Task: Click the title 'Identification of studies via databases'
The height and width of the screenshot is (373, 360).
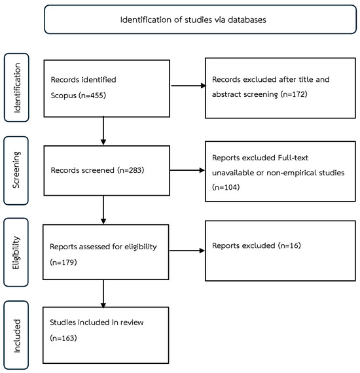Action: pyautogui.click(x=193, y=20)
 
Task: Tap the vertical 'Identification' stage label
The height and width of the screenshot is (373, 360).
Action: pyautogui.click(x=17, y=88)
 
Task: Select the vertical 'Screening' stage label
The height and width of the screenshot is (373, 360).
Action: pyautogui.click(x=16, y=170)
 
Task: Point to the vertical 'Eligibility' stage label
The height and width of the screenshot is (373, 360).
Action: pyautogui.click(x=16, y=253)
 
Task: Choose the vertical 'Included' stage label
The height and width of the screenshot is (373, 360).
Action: pyautogui.click(x=16, y=336)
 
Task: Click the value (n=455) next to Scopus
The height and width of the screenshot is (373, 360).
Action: pyautogui.click(x=92, y=96)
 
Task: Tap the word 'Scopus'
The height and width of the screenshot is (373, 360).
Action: pyautogui.click(x=63, y=96)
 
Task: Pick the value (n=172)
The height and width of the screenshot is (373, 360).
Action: pyautogui.click(x=294, y=94)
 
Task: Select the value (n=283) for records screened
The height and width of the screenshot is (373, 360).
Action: pyautogui.click(x=131, y=170)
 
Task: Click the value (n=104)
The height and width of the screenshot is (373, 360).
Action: pyautogui.click(x=226, y=187)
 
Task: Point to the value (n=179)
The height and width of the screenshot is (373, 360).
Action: pyautogui.click(x=63, y=262)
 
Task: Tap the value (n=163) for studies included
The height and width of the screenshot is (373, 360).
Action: pyautogui.click(x=63, y=338)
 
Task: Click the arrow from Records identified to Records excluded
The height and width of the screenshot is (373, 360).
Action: pyautogui.click(x=189, y=86)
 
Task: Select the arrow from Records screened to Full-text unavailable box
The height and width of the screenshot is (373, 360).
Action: pyautogui.click(x=187, y=170)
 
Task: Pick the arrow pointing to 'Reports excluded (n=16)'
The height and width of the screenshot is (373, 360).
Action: pyautogui.click(x=187, y=251)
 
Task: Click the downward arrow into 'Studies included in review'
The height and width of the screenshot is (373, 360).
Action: pyautogui.click(x=103, y=294)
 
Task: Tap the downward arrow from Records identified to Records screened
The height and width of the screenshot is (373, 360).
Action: pyautogui.click(x=103, y=131)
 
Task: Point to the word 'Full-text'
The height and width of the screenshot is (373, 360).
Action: pyautogui.click(x=293, y=158)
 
